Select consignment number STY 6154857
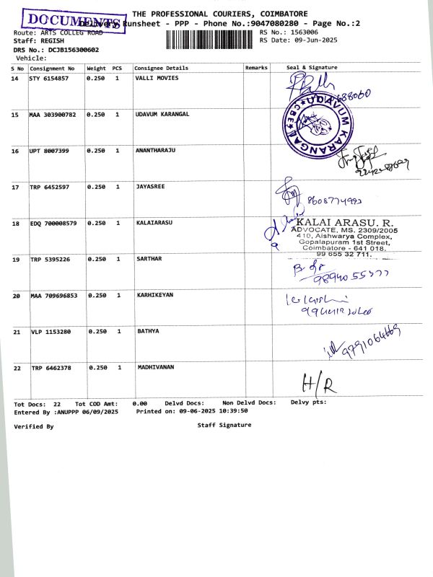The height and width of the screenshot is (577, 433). pyautogui.click(x=48, y=78)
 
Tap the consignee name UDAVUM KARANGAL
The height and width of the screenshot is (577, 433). pyautogui.click(x=162, y=115)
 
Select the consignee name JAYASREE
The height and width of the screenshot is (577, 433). pyautogui.click(x=151, y=188)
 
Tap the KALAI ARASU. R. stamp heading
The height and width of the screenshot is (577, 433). pyautogui.click(x=345, y=222)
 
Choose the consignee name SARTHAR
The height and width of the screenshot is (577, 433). pyautogui.click(x=149, y=259)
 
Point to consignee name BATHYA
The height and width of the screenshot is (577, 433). pyautogui.click(x=149, y=332)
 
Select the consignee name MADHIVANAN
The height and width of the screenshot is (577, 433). pyautogui.click(x=159, y=368)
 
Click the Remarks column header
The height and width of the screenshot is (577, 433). pyautogui.click(x=256, y=68)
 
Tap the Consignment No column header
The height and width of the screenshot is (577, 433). pyautogui.click(x=52, y=68)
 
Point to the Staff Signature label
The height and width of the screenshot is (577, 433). pyautogui.click(x=224, y=426)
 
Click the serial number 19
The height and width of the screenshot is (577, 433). pyautogui.click(x=17, y=260)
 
